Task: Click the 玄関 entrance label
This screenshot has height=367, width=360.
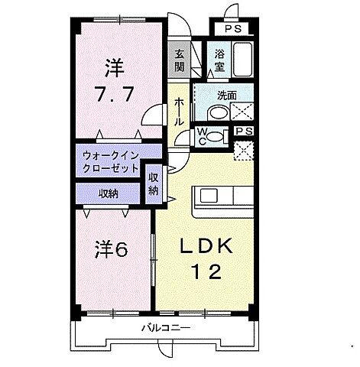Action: pos(180,59)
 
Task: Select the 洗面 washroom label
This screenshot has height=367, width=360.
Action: pos(225,96)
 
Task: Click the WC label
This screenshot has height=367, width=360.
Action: pos(202,136)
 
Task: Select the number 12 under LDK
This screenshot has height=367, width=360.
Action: pos(206,271)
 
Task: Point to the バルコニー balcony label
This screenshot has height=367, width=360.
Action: pos(165,330)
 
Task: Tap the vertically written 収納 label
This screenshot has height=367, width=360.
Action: pos(154,184)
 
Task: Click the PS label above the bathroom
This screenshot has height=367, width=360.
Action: pos(235,28)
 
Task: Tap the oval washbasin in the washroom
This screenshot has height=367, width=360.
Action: pos(218,113)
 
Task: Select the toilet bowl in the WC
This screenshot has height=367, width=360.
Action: pos(217,136)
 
